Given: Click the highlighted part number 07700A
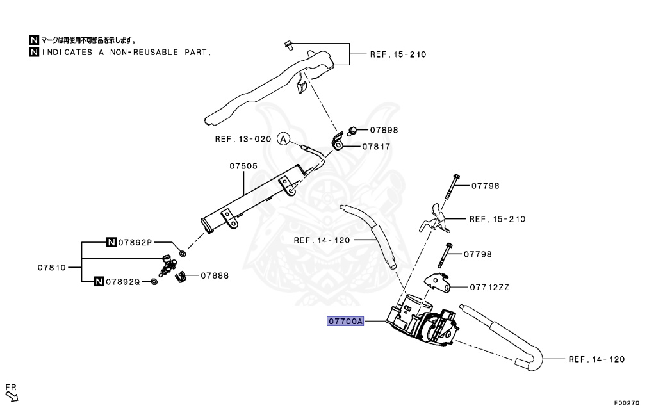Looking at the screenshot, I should tap(345, 322).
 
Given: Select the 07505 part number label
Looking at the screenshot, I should tap(243, 166).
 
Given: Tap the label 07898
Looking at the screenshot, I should tap(384, 130).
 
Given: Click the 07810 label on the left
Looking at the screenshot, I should tap(51, 267).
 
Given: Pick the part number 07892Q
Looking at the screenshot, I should tap(123, 281).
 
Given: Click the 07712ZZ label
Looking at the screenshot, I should tap(490, 288).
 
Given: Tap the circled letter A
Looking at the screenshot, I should tap(284, 139).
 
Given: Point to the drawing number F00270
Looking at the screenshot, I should tap(627, 403).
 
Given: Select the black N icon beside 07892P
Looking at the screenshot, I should tap(111, 242).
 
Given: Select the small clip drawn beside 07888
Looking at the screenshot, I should tap(181, 276).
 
